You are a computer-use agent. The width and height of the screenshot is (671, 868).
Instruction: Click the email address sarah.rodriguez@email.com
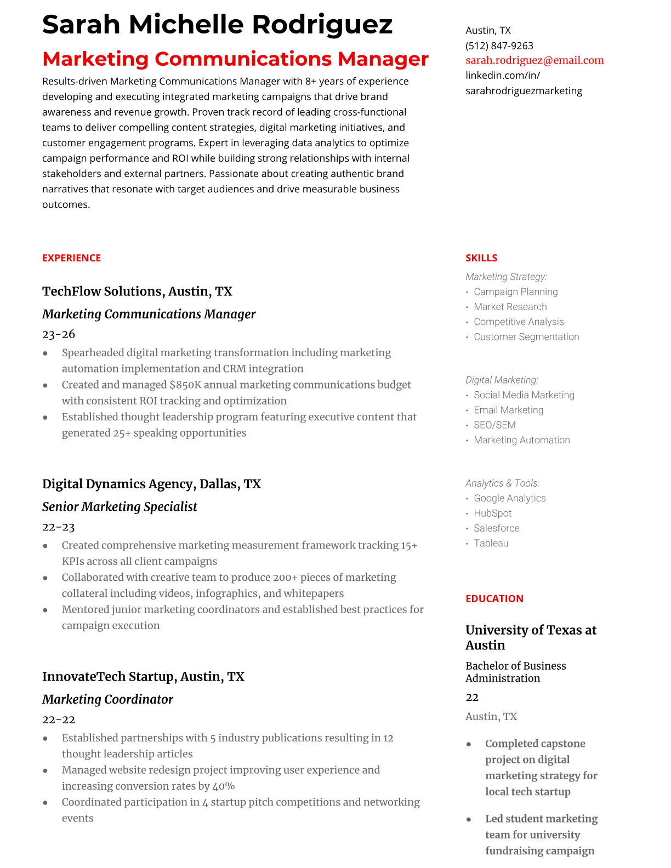(534, 60)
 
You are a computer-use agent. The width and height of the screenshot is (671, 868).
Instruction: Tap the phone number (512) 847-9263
(499, 45)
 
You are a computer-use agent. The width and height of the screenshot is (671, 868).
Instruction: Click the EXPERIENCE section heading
(71, 258)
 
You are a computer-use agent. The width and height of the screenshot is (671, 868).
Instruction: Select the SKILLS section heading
(481, 258)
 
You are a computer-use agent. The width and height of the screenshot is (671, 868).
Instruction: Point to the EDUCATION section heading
(494, 598)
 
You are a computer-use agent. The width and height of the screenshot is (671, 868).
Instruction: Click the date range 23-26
(59, 334)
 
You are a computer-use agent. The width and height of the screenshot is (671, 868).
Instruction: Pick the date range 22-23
(58, 527)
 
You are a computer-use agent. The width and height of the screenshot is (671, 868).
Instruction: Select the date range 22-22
(59, 719)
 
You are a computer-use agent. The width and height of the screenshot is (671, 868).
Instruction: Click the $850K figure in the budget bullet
(185, 385)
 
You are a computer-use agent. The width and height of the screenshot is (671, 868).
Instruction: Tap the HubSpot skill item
(492, 513)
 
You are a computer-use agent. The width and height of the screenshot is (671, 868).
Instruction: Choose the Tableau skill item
(491, 544)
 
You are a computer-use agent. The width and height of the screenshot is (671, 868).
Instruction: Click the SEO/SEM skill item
(494, 425)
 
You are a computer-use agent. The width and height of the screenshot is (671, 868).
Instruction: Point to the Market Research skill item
(510, 307)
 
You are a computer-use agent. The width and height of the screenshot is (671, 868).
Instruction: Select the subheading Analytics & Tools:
(502, 483)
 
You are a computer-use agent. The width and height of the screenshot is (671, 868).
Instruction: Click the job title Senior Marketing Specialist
(120, 507)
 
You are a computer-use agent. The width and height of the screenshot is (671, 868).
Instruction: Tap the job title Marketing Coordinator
(107, 699)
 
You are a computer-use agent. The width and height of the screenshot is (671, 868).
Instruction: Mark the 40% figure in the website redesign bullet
(224, 786)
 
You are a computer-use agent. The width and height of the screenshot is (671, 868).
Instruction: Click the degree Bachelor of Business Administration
(515, 672)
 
